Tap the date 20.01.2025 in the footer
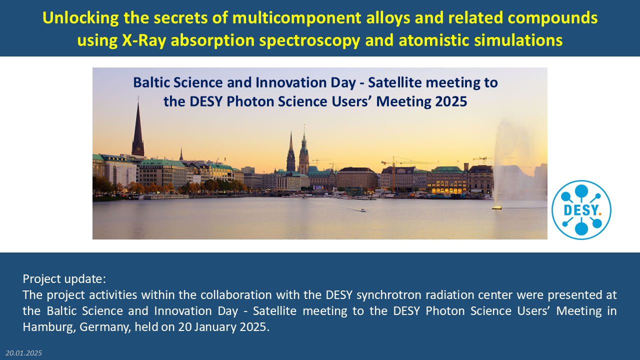point(23,353)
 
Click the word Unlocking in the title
point(80,18)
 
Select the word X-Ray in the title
point(144,40)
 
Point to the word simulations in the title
point(518,40)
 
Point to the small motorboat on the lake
point(362,210)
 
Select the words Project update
point(64,279)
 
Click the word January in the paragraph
point(215,327)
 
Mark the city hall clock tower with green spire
point(303,151)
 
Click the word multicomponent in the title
point(297,18)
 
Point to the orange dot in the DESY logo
point(599,213)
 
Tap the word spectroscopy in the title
point(310,40)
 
